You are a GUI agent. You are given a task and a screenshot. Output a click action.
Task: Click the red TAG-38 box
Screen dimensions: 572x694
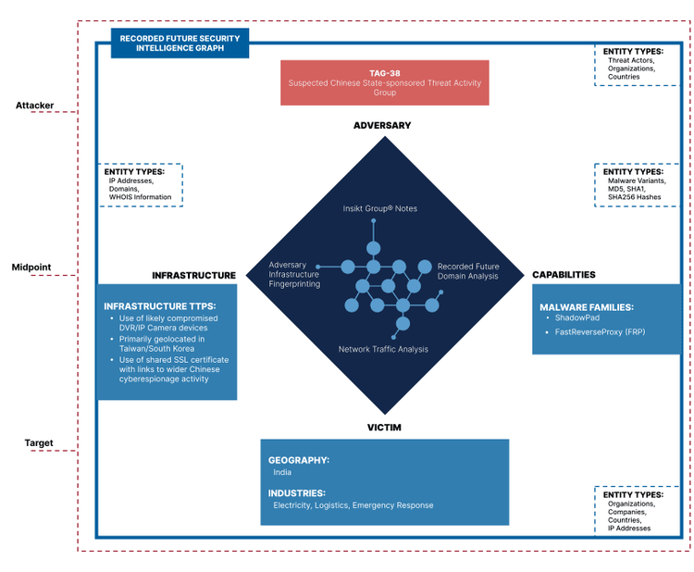tap(384, 82)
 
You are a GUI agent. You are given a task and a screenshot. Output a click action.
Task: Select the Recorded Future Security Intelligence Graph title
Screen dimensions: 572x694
tap(180, 43)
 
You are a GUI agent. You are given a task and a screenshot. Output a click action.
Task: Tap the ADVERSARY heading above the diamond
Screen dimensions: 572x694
tap(382, 125)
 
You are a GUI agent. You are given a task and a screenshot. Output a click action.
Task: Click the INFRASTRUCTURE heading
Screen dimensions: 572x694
tap(193, 275)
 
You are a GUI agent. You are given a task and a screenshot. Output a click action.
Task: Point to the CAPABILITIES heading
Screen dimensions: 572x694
tap(564, 275)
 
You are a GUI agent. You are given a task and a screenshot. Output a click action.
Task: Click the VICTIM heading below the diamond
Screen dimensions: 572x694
tap(383, 428)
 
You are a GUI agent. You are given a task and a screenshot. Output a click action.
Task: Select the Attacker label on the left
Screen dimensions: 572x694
tap(35, 106)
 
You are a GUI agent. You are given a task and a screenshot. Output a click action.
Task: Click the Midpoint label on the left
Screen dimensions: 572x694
tap(31, 267)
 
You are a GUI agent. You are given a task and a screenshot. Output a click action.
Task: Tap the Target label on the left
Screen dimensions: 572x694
tap(38, 443)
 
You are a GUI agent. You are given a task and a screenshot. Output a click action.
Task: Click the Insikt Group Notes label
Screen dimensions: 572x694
tap(379, 208)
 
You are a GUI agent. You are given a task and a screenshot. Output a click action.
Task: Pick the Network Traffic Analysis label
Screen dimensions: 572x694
tap(382, 349)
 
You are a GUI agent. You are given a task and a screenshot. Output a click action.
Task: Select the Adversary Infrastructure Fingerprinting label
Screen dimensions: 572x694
tap(294, 274)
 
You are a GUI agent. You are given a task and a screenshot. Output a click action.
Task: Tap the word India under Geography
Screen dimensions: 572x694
tap(282, 472)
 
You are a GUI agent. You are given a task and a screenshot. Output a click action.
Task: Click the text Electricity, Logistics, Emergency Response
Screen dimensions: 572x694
tap(353, 505)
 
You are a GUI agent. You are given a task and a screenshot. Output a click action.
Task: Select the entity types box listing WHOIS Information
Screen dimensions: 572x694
tap(141, 184)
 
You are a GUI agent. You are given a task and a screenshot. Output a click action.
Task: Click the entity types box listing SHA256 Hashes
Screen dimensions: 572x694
tap(638, 184)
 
